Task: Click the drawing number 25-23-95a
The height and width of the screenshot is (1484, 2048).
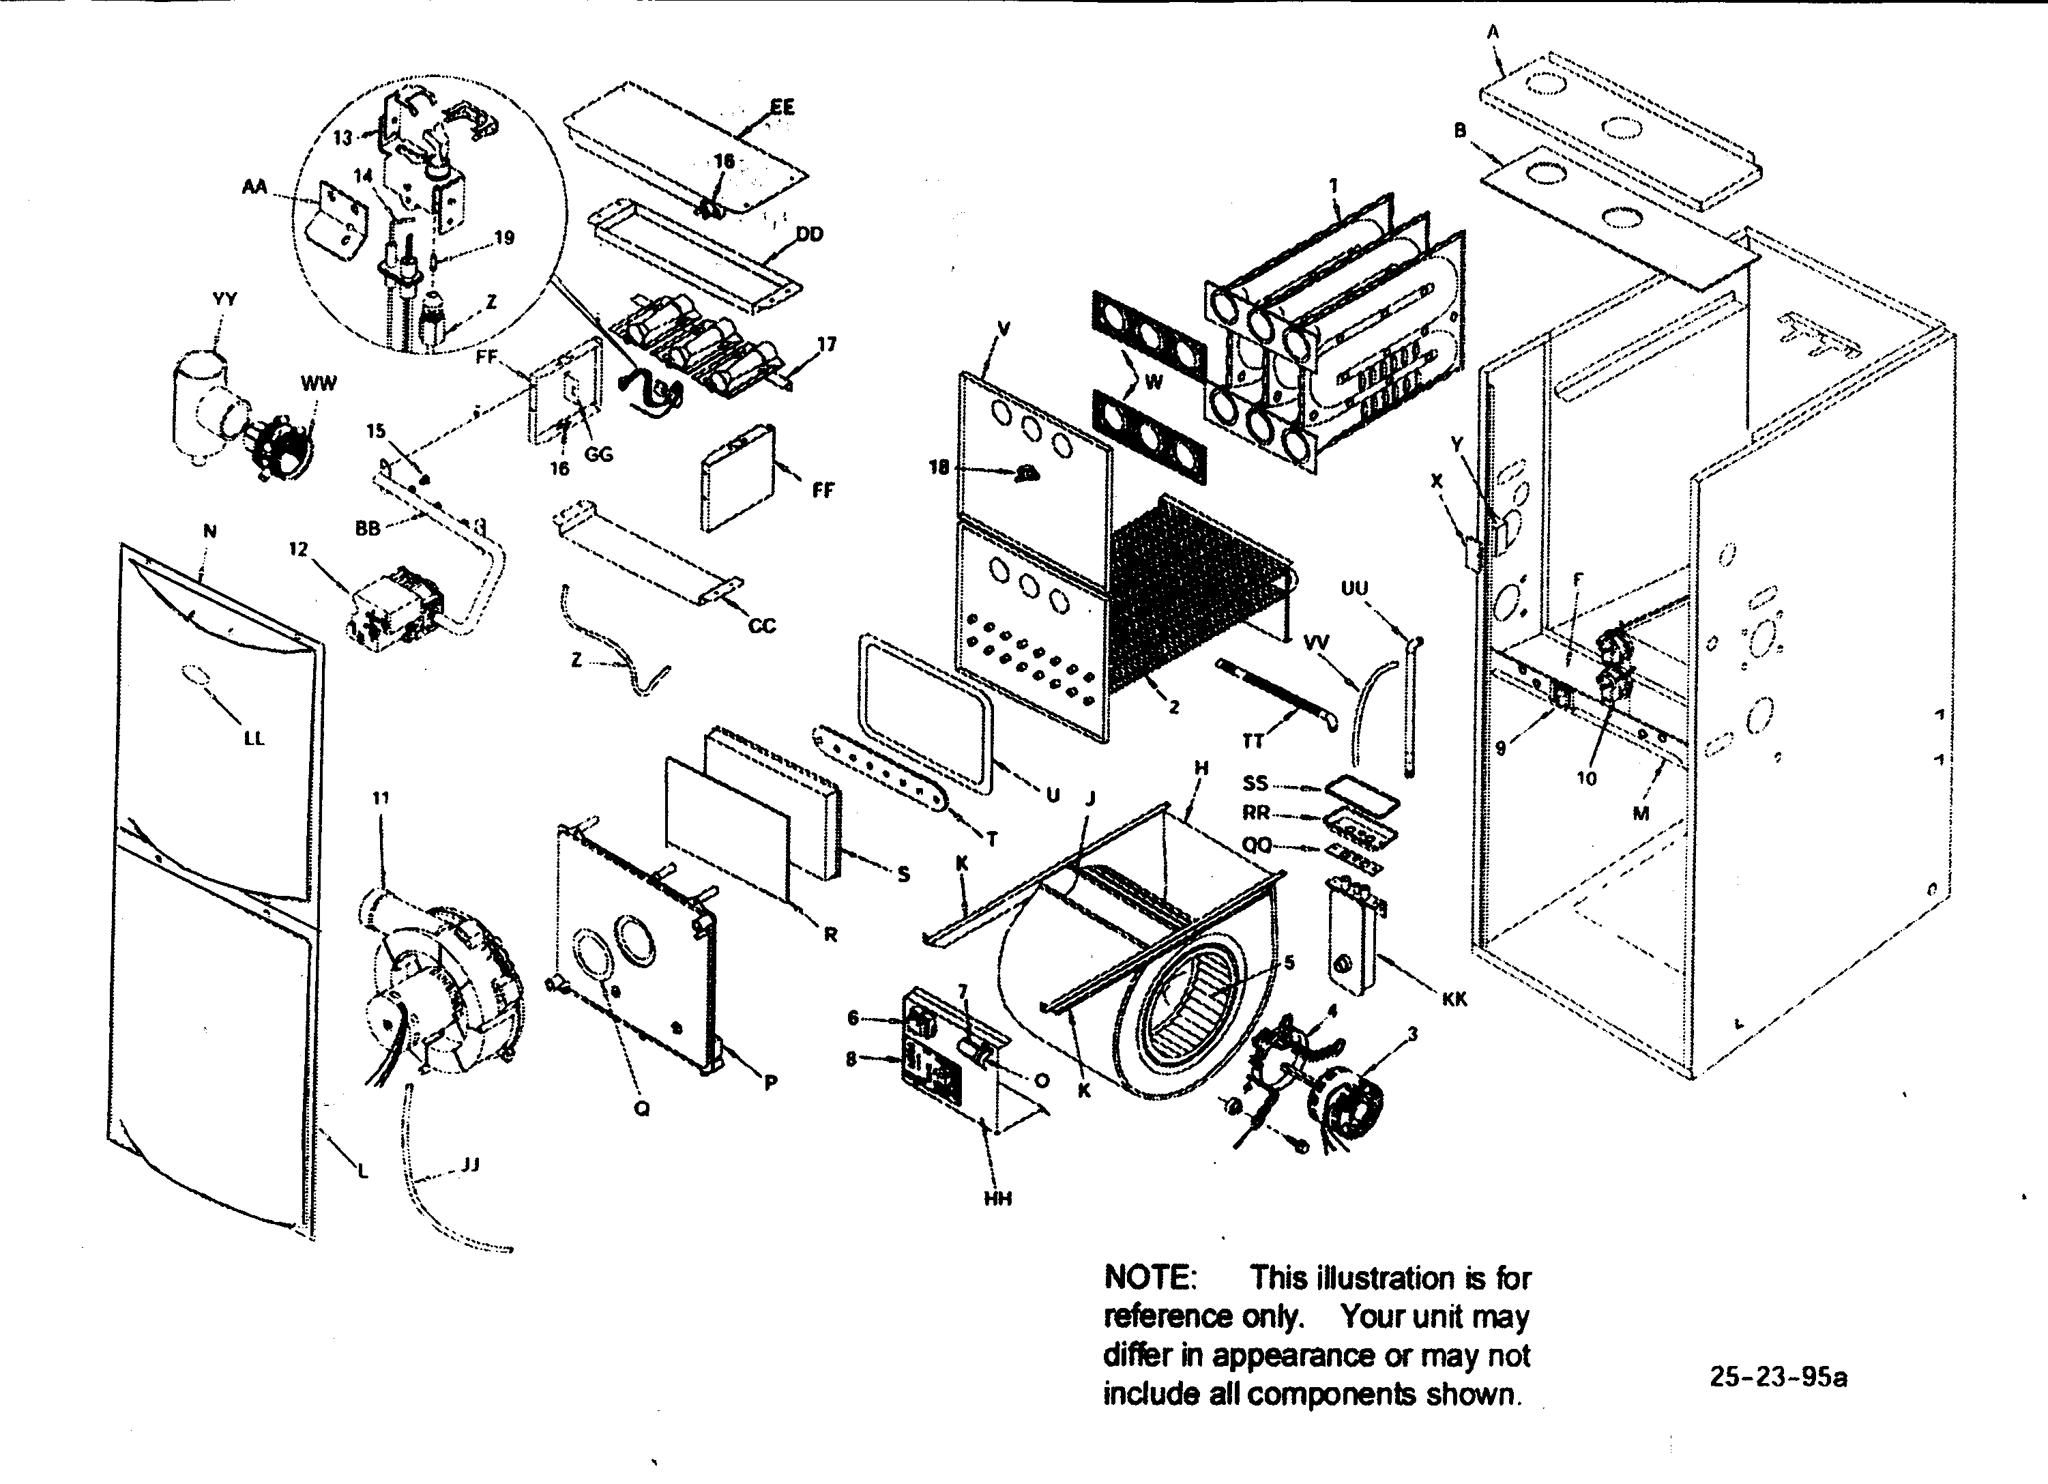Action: pos(1778,1378)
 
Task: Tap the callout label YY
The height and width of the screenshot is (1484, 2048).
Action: pos(224,299)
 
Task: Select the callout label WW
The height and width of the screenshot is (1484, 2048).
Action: pos(318,383)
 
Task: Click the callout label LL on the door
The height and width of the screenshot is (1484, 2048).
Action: pos(254,738)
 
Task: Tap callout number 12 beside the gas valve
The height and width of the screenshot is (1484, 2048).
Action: pos(298,549)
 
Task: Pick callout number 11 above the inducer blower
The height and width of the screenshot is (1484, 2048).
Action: pos(380,798)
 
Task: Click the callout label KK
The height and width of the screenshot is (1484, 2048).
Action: pos(1454,999)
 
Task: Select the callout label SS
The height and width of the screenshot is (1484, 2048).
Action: pos(1255,783)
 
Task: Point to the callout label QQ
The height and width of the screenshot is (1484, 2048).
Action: pos(1256,845)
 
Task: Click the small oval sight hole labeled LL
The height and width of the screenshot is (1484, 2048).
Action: pos(195,675)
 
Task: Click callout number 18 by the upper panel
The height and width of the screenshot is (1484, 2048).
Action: pos(939,467)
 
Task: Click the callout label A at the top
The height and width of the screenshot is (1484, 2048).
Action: pos(1493,33)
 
